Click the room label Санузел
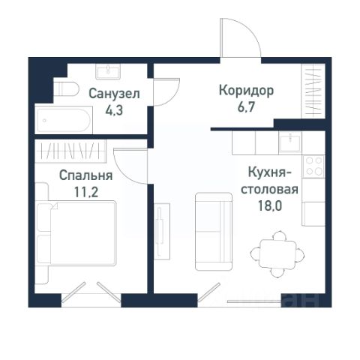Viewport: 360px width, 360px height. [114, 94]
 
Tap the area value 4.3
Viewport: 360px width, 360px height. [114, 110]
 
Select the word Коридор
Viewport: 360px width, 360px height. [246, 91]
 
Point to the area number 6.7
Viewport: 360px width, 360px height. [246, 107]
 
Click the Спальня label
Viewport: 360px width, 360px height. [85, 175]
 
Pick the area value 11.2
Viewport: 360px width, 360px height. [86, 192]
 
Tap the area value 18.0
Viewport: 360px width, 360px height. [270, 205]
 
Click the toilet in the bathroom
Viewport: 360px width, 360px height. [66, 88]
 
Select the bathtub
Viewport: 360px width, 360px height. [64, 120]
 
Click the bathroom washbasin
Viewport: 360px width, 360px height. [108, 71]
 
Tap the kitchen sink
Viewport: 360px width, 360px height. [290, 142]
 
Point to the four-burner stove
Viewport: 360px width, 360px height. [314, 166]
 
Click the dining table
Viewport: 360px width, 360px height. [277, 254]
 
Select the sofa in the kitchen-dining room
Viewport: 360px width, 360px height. [214, 232]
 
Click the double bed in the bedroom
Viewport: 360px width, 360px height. [76, 232]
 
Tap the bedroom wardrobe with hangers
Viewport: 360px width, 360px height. [70, 151]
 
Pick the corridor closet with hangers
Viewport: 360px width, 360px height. [313, 91]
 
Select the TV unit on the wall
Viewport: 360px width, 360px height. [162, 232]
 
